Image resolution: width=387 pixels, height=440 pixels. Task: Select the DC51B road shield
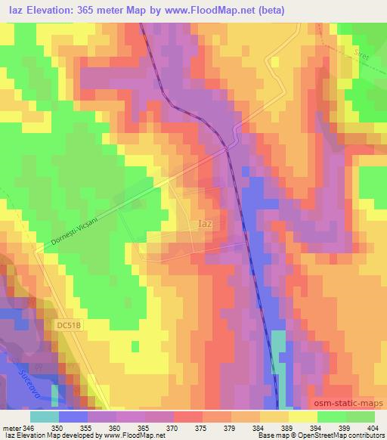pos(68,324)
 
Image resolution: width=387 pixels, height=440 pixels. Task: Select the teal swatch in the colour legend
pos(44,417)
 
